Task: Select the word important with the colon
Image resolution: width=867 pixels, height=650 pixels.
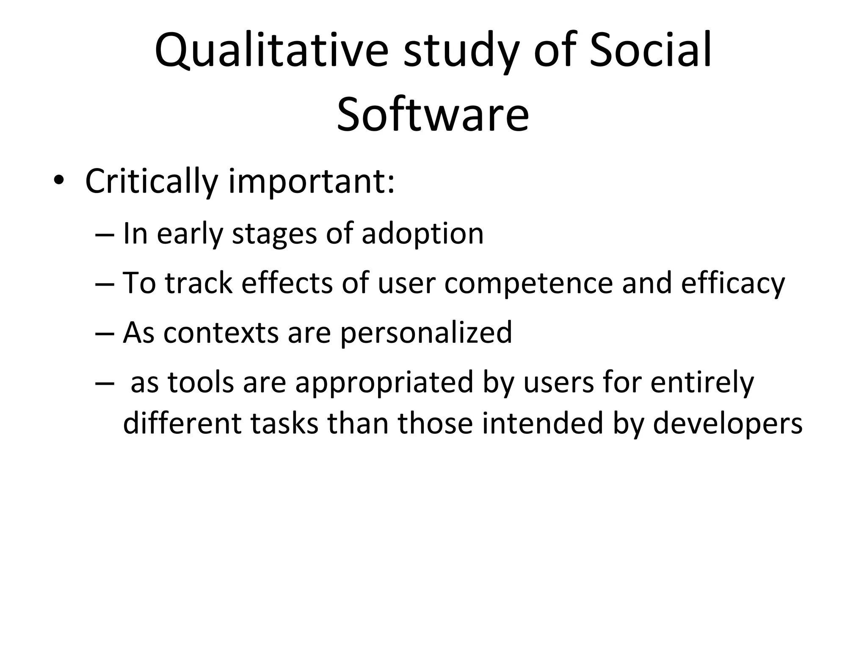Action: (x=312, y=182)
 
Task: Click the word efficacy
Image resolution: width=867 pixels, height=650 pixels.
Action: (x=733, y=284)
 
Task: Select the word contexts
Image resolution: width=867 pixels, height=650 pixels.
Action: (x=221, y=333)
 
